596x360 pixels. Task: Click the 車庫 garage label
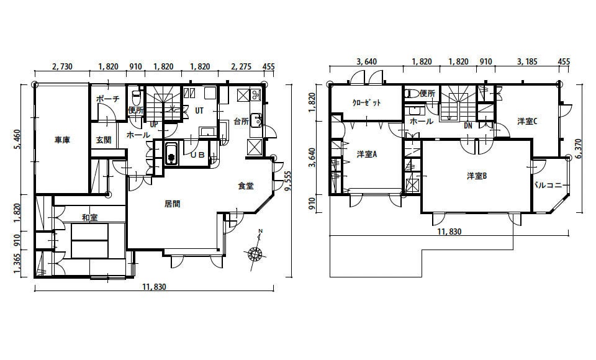coord(62,140)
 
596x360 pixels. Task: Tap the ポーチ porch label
coord(107,99)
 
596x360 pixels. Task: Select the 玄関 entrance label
coord(104,140)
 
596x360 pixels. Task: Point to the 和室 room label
coord(89,217)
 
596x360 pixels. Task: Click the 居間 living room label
coord(172,204)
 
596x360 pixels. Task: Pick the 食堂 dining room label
coord(246,186)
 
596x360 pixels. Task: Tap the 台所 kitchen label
coord(241,122)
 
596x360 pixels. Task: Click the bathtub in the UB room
coord(172,153)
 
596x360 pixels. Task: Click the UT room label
coord(199,110)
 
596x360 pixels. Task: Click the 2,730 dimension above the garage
coord(61,67)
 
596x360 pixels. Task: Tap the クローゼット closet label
coord(366,102)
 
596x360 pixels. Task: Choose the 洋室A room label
coord(367,155)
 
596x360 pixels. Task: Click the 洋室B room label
coord(477,176)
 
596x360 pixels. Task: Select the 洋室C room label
coord(527,121)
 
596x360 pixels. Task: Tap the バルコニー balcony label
coord(551,186)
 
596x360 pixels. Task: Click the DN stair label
coord(468,125)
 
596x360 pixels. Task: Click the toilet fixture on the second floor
coord(412,94)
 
